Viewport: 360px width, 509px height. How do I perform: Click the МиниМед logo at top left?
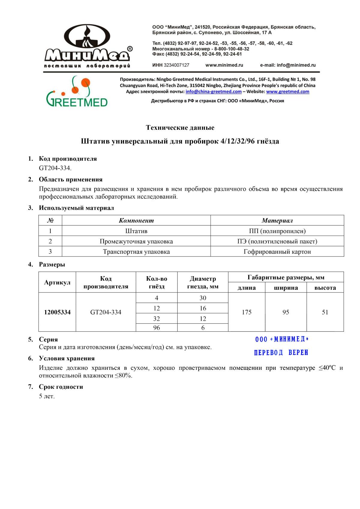[87, 46]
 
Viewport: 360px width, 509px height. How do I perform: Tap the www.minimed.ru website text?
[224, 65]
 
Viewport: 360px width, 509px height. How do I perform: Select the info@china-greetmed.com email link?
[213, 92]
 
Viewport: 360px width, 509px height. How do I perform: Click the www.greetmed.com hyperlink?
[287, 92]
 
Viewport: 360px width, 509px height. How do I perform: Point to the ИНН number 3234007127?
[176, 65]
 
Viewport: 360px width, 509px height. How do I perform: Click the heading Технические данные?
[180, 128]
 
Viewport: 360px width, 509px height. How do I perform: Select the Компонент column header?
[136, 221]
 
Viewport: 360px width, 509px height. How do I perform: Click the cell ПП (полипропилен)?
[277, 231]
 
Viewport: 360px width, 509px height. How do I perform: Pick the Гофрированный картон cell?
[277, 252]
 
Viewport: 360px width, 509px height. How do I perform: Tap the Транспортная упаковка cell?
[136, 252]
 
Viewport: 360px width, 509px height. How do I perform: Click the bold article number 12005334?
[57, 312]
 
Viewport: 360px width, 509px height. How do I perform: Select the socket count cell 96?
[157, 328]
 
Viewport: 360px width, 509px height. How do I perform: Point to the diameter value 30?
[203, 298]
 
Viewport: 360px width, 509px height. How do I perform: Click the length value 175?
[247, 312]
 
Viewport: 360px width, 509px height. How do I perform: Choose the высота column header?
[325, 288]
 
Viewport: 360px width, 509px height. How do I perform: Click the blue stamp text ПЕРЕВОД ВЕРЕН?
[281, 353]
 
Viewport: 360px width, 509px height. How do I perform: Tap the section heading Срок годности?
[61, 387]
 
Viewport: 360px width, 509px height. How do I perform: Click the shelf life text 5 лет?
[47, 396]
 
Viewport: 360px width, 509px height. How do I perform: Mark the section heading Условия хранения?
[67, 358]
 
